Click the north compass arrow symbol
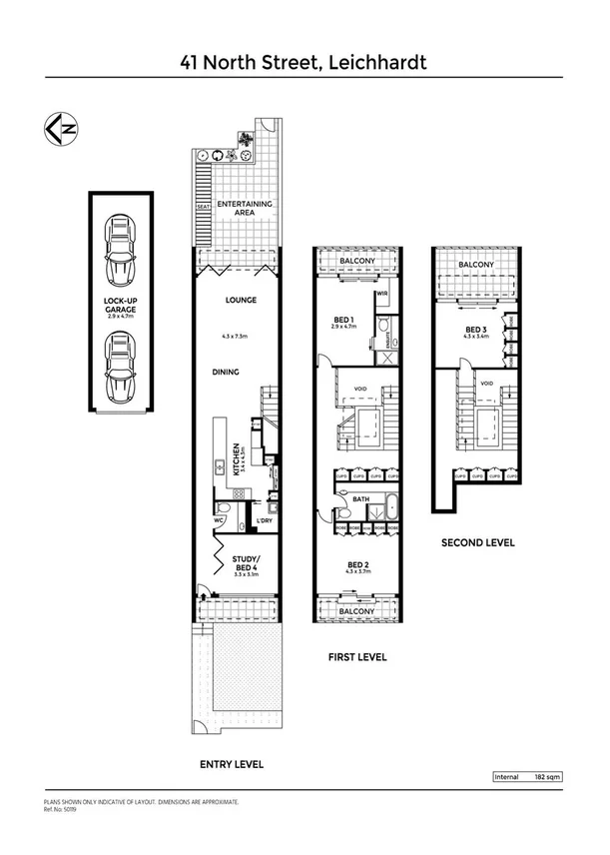point(58,129)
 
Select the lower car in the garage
point(122,367)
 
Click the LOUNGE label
point(243,300)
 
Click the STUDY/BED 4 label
point(246,563)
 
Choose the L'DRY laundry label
point(265,520)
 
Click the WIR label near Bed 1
point(382,294)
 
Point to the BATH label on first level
point(361,499)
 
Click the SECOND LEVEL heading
point(477,543)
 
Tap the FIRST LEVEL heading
point(356,657)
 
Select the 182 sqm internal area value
point(548,776)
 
